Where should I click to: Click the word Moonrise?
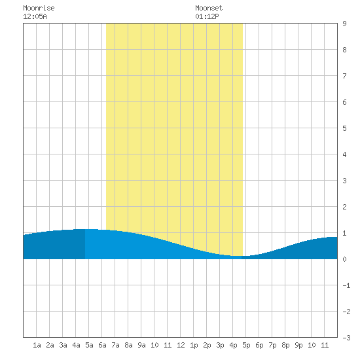pyautogui.click(x=39, y=8)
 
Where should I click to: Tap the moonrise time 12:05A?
pyautogui.click(x=35, y=16)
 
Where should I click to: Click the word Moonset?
pyautogui.click(x=209, y=8)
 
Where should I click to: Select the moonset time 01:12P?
pyautogui.click(x=207, y=16)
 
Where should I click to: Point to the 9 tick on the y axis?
pyautogui.click(x=344, y=24)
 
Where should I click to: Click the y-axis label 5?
pyautogui.click(x=344, y=128)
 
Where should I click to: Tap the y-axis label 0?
pyautogui.click(x=344, y=259)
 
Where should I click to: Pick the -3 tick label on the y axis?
pyautogui.click(x=346, y=338)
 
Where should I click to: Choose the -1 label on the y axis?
pyautogui.click(x=346, y=285)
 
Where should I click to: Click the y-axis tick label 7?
pyautogui.click(x=344, y=76)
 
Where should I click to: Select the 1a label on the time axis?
pyautogui.click(x=37, y=345)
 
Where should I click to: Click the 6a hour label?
pyautogui.click(x=102, y=345)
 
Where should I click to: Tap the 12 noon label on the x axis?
pyautogui.click(x=181, y=345)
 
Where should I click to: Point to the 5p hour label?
pyautogui.click(x=246, y=345)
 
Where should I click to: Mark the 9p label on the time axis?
pyautogui.click(x=298, y=345)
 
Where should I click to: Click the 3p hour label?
pyautogui.click(x=220, y=345)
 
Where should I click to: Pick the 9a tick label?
pyautogui.click(x=141, y=345)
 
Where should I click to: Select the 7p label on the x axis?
pyautogui.click(x=272, y=345)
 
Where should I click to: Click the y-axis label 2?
pyautogui.click(x=344, y=207)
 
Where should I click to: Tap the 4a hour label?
pyautogui.click(x=76, y=345)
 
